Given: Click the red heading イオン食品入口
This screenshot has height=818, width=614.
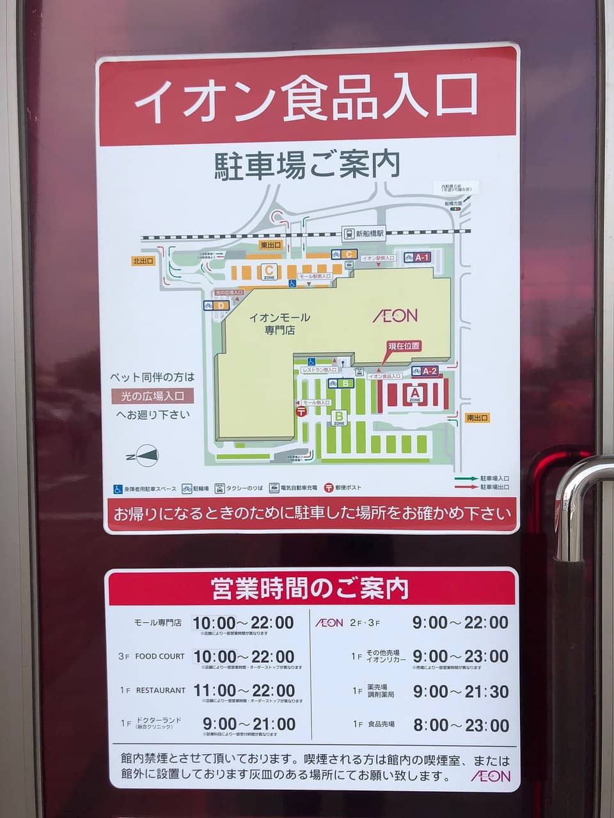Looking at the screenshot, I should tap(307, 99).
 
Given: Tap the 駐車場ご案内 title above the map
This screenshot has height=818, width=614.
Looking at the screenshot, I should tap(307, 165).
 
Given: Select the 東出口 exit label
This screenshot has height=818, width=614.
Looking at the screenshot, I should tap(271, 245).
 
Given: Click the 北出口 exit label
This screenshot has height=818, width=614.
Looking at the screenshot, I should tap(143, 261).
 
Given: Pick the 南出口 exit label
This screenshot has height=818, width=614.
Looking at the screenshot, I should tap(476, 418).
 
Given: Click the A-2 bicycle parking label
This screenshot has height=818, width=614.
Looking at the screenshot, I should tap(429, 371).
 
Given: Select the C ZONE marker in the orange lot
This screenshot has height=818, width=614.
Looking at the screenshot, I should tap(269, 272).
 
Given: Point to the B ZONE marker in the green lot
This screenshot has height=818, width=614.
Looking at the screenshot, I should tap(339, 418).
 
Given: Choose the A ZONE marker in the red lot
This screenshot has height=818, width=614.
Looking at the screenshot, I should tap(414, 394).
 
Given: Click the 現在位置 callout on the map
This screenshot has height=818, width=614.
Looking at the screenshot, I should tap(404, 346).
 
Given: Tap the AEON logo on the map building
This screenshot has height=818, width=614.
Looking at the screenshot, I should tap(395, 315).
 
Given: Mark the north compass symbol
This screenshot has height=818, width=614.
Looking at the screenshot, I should tap(146, 456).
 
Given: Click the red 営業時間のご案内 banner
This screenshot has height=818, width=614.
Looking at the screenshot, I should tap(310, 588).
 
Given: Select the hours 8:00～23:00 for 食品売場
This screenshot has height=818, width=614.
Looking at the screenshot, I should tap(460, 725).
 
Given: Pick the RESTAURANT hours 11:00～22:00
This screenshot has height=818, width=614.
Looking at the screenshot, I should tap(244, 691).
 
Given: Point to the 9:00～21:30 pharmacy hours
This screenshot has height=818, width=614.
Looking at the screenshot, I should tap(460, 691).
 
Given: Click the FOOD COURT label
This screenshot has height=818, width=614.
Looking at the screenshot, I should tap(159, 656).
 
